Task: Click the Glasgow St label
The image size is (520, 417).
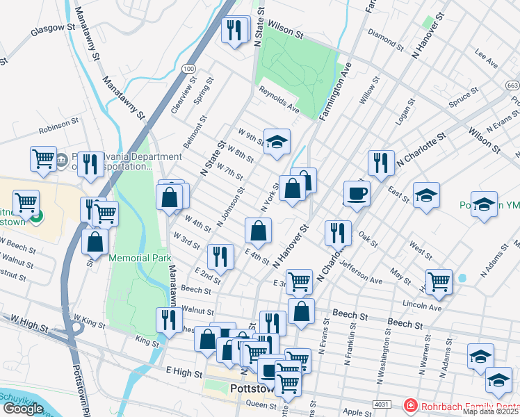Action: point(53,29)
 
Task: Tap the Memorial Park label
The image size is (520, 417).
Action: point(140,258)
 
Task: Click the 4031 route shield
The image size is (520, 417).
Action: point(381,403)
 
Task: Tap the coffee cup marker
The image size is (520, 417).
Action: point(357,194)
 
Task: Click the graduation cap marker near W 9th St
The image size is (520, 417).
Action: point(277,142)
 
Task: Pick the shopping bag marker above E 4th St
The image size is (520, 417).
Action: point(258,231)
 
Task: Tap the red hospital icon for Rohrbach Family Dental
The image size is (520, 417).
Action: point(410,404)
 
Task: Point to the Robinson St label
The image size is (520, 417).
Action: point(59,124)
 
